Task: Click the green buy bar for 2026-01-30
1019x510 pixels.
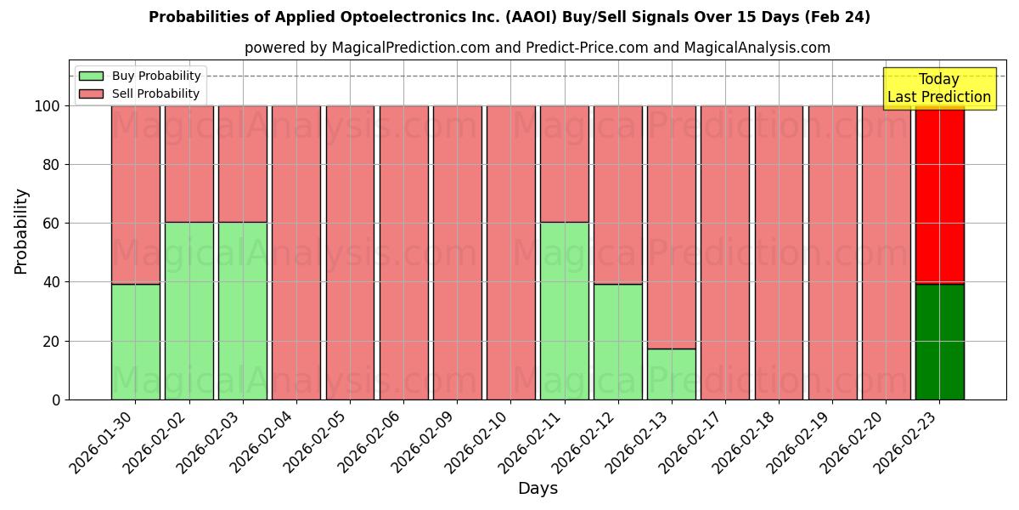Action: tap(135, 342)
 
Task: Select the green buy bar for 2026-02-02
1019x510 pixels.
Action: tap(189, 311)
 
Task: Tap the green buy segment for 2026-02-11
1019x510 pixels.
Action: tap(565, 311)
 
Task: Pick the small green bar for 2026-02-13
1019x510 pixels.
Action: tap(672, 374)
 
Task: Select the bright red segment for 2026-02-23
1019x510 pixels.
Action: tap(939, 195)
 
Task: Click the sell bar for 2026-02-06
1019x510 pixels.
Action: tap(403, 252)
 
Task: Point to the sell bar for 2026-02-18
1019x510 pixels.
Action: tap(779, 252)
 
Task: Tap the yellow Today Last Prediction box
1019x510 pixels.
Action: tap(938, 88)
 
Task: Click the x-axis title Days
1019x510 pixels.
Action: tap(538, 489)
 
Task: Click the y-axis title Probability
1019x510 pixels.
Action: tap(21, 231)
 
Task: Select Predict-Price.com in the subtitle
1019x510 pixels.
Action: tap(575, 48)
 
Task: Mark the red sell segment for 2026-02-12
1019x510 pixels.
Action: tap(618, 195)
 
